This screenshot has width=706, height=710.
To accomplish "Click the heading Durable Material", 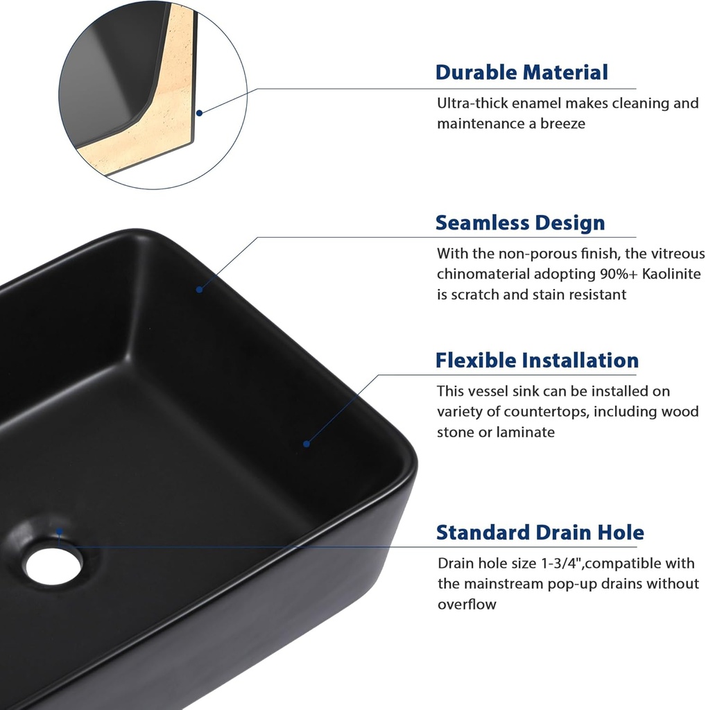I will pos(522,72).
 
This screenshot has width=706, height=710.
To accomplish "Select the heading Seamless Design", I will pos(520,223).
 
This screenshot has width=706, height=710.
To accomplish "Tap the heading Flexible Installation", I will pos(537,361).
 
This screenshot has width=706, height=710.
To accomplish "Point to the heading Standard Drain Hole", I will pos(540,532).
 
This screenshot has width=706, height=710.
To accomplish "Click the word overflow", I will pos(467,604).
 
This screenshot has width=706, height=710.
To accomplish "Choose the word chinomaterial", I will pos(490,274).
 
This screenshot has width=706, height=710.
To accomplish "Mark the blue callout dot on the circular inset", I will pos(200,112).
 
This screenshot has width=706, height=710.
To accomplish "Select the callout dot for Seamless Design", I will pos(199,289).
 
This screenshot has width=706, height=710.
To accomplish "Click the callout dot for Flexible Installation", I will pos(306,443).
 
